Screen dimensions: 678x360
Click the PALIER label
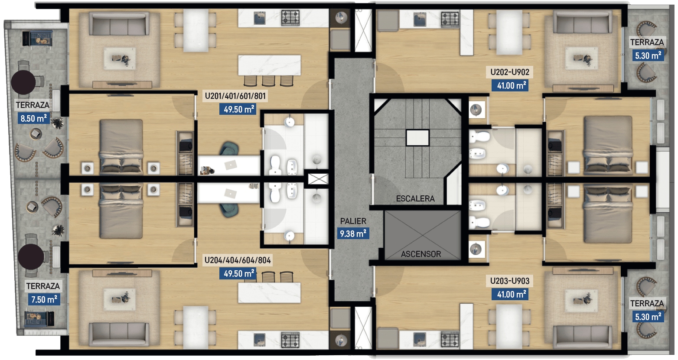(x=353, y=221)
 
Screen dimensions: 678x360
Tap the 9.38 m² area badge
(x=353, y=234)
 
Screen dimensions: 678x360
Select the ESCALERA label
(x=415, y=199)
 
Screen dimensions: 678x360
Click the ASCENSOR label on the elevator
(x=421, y=254)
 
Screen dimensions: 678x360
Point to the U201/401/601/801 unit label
(x=235, y=96)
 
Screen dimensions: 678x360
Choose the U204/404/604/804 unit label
(x=238, y=260)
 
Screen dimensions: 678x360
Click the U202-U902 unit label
(x=510, y=72)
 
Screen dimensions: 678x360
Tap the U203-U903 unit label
(x=510, y=281)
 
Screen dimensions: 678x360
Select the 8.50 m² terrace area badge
(x=34, y=118)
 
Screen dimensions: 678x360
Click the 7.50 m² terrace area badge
(x=44, y=299)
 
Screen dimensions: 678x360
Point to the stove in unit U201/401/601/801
(x=290, y=18)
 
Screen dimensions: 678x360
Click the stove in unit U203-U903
(x=450, y=340)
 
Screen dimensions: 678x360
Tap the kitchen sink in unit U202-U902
(x=420, y=19)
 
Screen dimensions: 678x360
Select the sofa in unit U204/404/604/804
(x=119, y=335)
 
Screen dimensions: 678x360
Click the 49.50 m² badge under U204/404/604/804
(x=238, y=273)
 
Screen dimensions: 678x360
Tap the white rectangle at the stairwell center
(x=417, y=138)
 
